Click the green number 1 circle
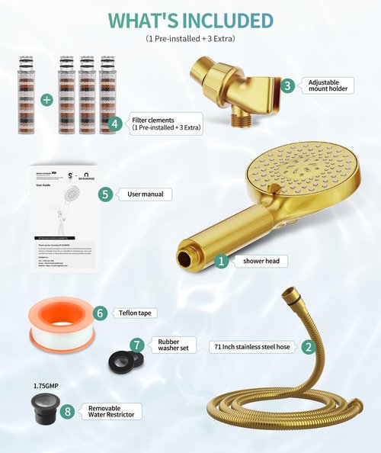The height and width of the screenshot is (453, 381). [x=222, y=261]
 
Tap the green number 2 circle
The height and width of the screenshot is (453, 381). [x=308, y=346]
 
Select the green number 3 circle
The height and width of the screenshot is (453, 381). [x=287, y=85]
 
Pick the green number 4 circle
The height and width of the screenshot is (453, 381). [x=115, y=123]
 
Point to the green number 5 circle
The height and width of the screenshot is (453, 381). [x=106, y=194]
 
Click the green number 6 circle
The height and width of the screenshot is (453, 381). [x=100, y=312]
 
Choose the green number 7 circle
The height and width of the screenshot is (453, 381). [x=137, y=345]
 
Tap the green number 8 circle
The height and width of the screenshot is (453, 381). [x=68, y=412]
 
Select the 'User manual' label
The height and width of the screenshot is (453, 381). [x=145, y=194]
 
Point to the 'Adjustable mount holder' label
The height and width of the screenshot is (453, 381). [x=330, y=85]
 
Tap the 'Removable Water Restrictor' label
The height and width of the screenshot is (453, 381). [x=110, y=412]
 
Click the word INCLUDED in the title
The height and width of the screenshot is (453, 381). [x=222, y=19]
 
